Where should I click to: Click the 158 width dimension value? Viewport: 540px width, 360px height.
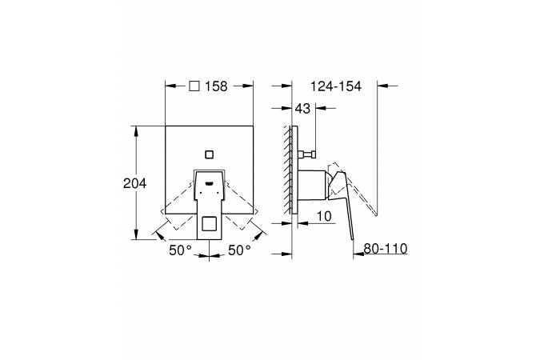(x=216, y=86)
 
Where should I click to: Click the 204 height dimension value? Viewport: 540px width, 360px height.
(x=134, y=183)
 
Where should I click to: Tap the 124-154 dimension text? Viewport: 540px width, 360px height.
(x=336, y=86)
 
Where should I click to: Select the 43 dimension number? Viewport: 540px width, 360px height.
(x=302, y=109)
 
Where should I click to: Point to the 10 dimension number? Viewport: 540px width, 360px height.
(x=324, y=216)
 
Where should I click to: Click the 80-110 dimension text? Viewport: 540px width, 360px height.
(x=386, y=248)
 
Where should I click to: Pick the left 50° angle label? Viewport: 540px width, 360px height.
(x=180, y=250)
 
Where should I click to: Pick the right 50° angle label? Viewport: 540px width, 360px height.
(x=239, y=250)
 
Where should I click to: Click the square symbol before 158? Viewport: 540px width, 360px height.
(x=194, y=86)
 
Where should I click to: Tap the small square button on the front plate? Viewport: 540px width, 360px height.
(x=209, y=154)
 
